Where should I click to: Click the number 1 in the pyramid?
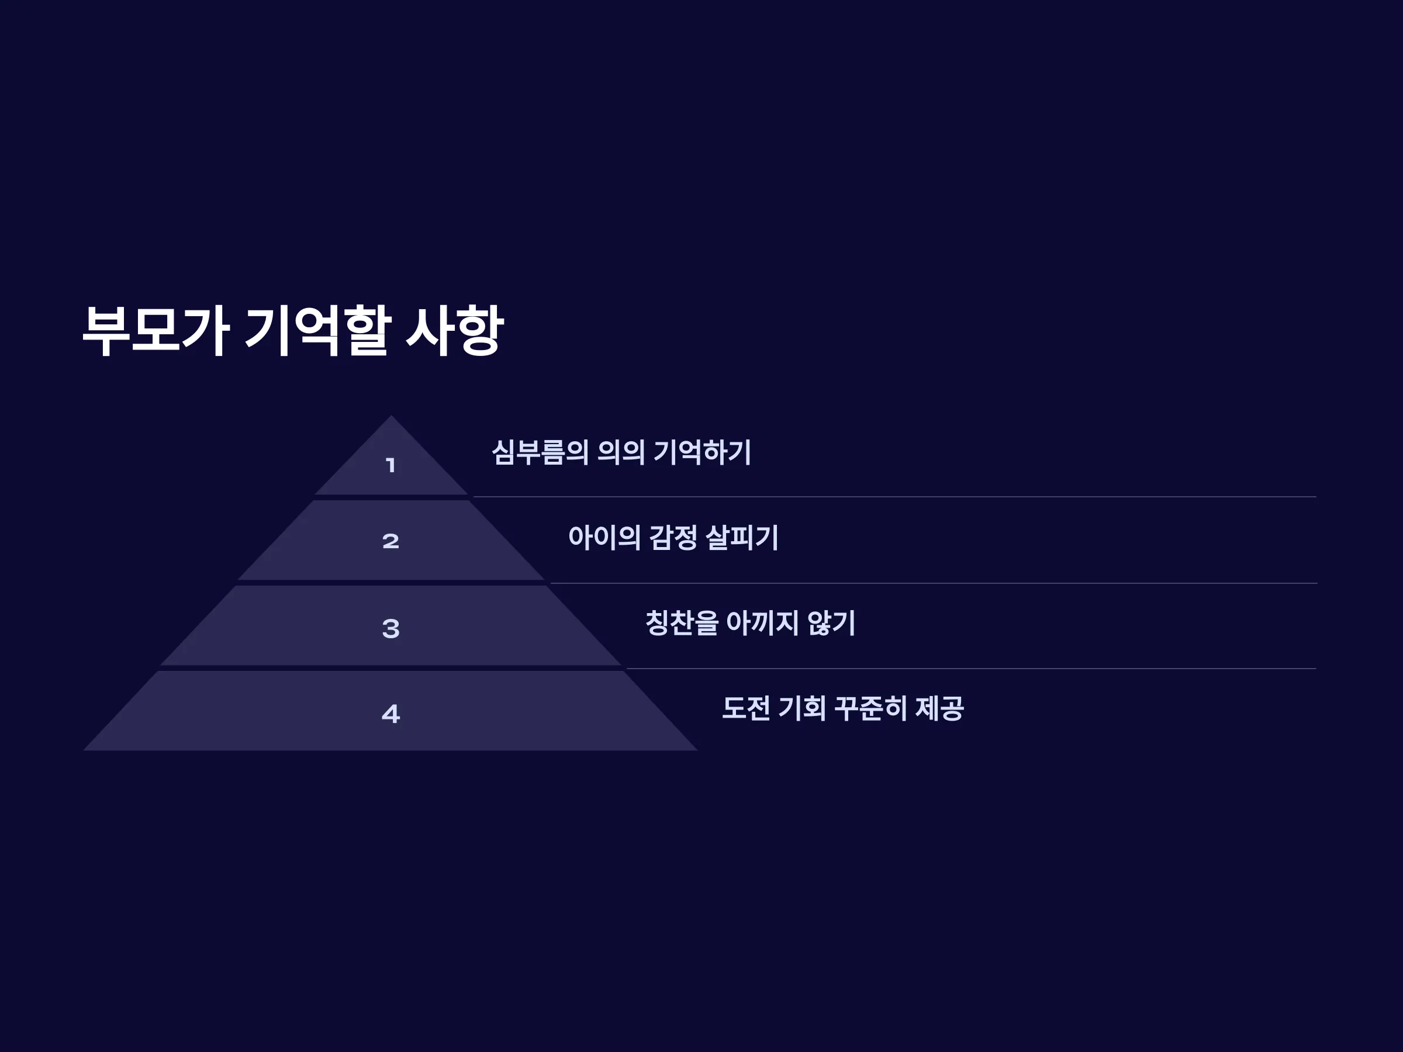[391, 465]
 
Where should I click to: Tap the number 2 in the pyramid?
[391, 541]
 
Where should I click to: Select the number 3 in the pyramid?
[391, 628]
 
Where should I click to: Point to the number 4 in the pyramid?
[391, 714]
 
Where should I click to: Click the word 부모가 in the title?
[155, 330]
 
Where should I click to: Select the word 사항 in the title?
[455, 330]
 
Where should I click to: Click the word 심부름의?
[540, 453]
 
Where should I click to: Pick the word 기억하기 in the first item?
[702, 453]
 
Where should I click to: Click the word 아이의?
[604, 538]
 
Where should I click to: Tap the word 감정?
[673, 538]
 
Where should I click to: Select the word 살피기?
[742, 538]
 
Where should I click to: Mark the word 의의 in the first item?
[621, 453]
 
